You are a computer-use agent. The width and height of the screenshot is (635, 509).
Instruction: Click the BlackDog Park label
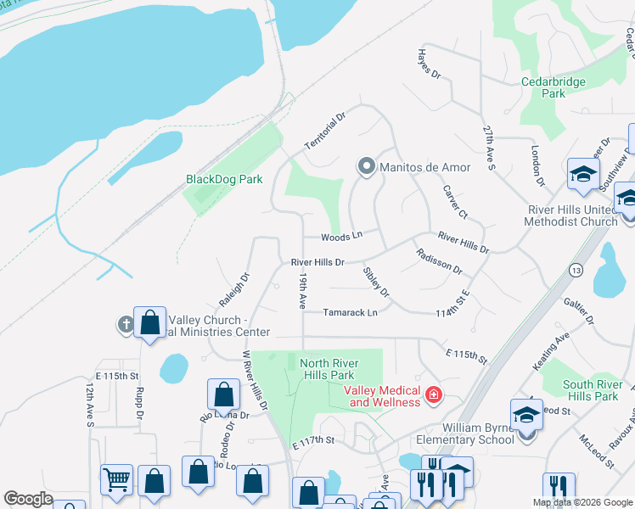(224, 179)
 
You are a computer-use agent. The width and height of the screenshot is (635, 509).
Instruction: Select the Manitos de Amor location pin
(367, 166)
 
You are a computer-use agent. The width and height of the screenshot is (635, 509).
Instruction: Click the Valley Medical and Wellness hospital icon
(433, 394)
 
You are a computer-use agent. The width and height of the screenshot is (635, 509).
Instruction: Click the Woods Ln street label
(341, 236)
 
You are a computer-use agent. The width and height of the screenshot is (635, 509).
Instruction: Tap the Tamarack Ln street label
(350, 312)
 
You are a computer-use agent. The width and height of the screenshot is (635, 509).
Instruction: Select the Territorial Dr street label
(327, 131)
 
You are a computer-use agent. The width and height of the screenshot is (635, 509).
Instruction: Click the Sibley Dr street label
(375, 282)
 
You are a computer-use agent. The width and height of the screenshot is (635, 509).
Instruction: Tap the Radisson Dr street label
(439, 261)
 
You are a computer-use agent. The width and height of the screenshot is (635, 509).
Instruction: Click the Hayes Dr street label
(429, 64)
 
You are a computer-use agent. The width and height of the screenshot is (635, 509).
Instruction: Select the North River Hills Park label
(328, 369)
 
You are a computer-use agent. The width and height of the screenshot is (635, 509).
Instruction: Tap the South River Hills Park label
(592, 390)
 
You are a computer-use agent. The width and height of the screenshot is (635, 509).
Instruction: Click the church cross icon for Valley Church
(126, 324)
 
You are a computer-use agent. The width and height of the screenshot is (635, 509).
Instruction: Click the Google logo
(28, 499)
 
